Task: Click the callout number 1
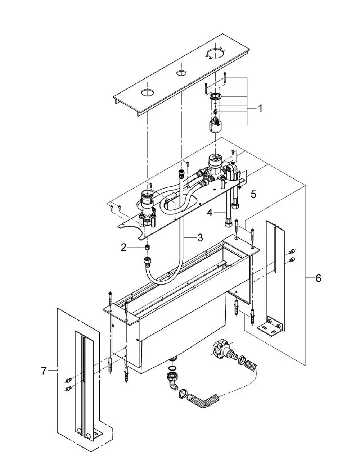pyautogui.click(x=260, y=108)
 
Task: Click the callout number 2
pyautogui.click(x=123, y=248)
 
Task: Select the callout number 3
pyautogui.click(x=200, y=238)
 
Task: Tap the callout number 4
pyautogui.click(x=210, y=213)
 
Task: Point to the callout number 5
pyautogui.click(x=253, y=194)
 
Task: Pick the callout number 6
pyautogui.click(x=318, y=278)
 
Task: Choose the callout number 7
pyautogui.click(x=44, y=371)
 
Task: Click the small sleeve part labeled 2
pyautogui.click(x=147, y=248)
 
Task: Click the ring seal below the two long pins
pyautogui.click(x=216, y=96)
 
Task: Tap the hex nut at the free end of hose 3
pyautogui.click(x=148, y=260)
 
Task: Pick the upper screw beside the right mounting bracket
pyautogui.click(x=292, y=252)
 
